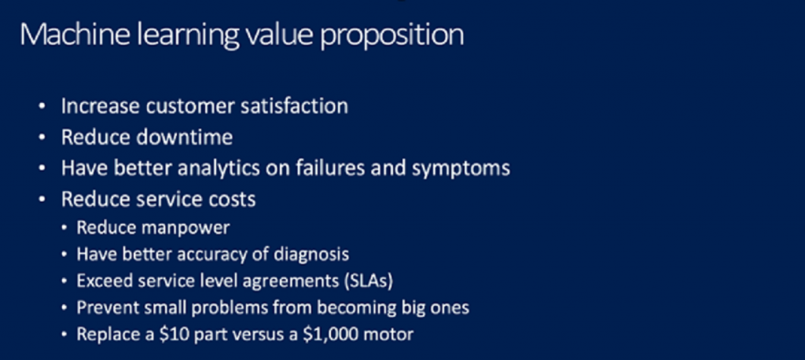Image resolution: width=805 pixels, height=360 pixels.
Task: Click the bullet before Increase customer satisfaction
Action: point(42,106)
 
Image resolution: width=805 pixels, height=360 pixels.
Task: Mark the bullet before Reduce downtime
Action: point(42,138)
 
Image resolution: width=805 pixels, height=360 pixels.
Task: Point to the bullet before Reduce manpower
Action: point(64,227)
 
